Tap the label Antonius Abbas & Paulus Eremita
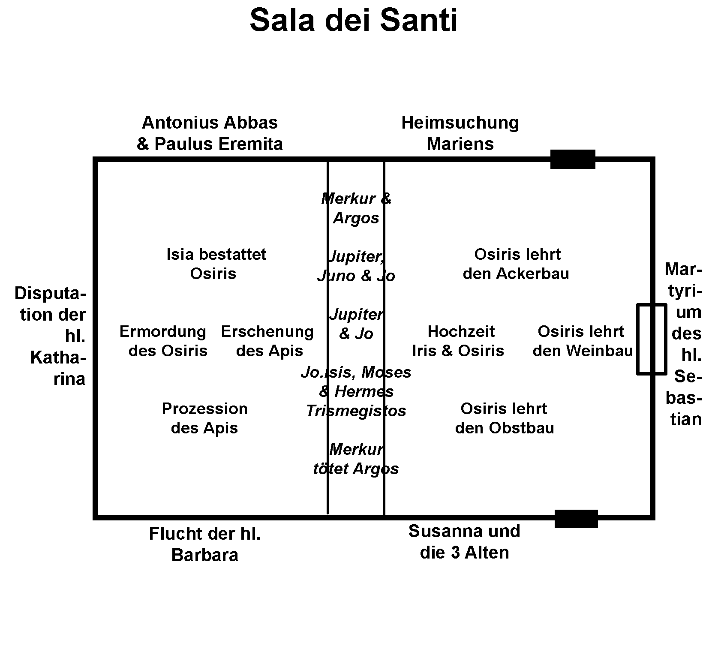coord(210,133)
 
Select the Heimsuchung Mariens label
coord(460,133)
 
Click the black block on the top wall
coord(573,159)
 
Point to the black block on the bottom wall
coord(576,519)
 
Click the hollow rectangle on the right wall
coord(651,339)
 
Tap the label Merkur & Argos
coord(356,208)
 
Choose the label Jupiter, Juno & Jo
coord(356,266)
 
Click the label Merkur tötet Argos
coord(356,459)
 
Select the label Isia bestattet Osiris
coord(216,264)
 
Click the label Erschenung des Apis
coord(268,341)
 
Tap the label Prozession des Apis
coord(204,418)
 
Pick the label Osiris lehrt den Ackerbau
coord(516,264)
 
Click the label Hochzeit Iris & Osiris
coord(459,341)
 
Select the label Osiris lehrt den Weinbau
coord(582,341)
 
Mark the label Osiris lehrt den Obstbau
coord(504,418)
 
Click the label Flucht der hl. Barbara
coord(205,544)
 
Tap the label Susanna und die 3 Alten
coord(464,542)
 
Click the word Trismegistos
coord(356,411)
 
